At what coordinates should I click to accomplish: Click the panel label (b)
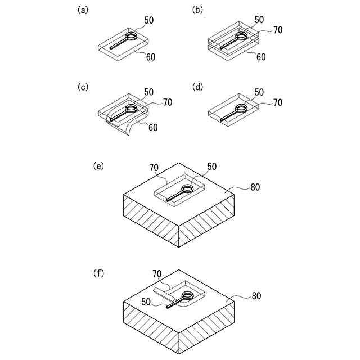click(x=197, y=11)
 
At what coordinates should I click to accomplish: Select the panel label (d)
click(x=197, y=87)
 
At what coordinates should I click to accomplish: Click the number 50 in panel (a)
click(x=148, y=21)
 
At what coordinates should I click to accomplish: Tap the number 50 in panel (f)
click(x=146, y=302)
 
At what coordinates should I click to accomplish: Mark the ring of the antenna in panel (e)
click(x=187, y=188)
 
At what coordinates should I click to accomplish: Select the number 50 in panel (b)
click(x=259, y=20)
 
